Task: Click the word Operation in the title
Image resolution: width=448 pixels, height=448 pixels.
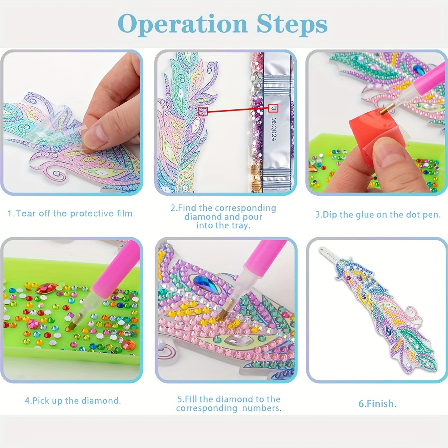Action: pyautogui.click(x=183, y=24)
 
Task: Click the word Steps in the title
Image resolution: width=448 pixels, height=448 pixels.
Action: pyautogui.click(x=292, y=24)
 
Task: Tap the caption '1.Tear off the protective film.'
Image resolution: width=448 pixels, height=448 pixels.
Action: pyautogui.click(x=71, y=214)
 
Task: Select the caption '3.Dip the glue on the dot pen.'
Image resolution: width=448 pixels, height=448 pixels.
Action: pyautogui.click(x=378, y=214)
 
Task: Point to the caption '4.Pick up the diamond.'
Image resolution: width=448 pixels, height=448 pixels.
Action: pyautogui.click(x=73, y=401)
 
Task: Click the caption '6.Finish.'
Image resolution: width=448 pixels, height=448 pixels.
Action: pyautogui.click(x=377, y=404)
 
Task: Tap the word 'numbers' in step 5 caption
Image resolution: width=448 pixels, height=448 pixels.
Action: pyautogui.click(x=262, y=408)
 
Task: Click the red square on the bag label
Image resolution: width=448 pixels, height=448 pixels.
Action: pyautogui.click(x=273, y=108)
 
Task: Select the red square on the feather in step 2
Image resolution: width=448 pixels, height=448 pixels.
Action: pyautogui.click(x=203, y=111)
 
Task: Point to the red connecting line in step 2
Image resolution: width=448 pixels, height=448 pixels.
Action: pyautogui.click(x=238, y=110)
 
